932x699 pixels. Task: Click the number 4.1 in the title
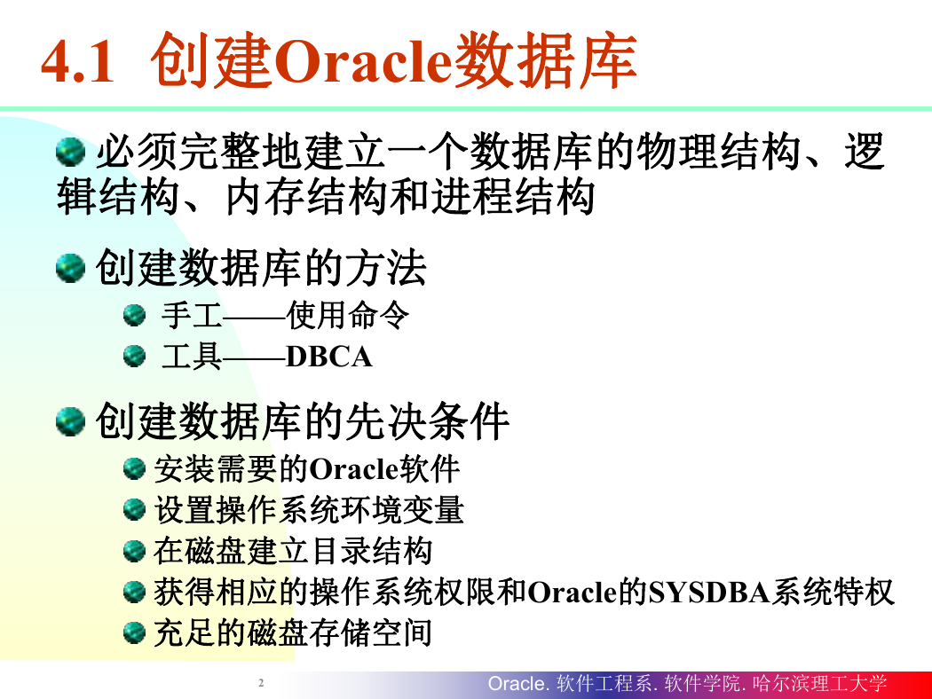pyautogui.click(x=77, y=62)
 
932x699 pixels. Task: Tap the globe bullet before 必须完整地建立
pyautogui.click(x=71, y=152)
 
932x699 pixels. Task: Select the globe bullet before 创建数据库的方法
pyautogui.click(x=71, y=268)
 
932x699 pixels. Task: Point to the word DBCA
pyautogui.click(x=328, y=357)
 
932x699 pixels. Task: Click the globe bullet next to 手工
pyautogui.click(x=134, y=315)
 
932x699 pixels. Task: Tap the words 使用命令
pyautogui.click(x=348, y=315)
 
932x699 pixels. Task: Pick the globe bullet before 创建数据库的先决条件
pyautogui.click(x=71, y=421)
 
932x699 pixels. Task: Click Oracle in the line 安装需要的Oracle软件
pyautogui.click(x=353, y=469)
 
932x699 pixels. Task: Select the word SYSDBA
pyautogui.click(x=709, y=592)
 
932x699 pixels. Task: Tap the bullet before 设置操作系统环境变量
pyautogui.click(x=134, y=509)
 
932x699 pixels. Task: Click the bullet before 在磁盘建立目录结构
pyautogui.click(x=134, y=551)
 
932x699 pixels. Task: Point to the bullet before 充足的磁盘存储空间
pyautogui.click(x=134, y=632)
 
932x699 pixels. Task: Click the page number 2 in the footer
pyautogui.click(x=261, y=683)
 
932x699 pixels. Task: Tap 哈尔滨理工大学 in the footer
pyautogui.click(x=819, y=684)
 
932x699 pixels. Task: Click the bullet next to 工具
pyautogui.click(x=134, y=357)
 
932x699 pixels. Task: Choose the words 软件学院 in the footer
pyautogui.click(x=703, y=684)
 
